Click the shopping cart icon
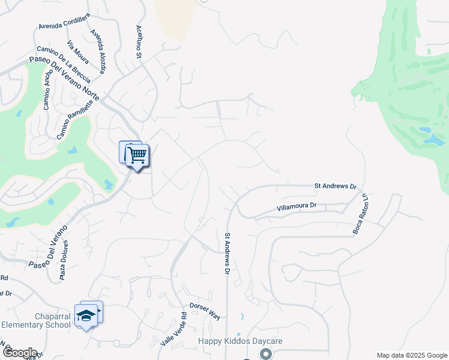pyautogui.click(x=137, y=156)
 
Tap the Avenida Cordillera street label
pyautogui.click(x=64, y=22)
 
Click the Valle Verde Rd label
pyautogui.click(x=174, y=331)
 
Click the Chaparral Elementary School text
pyautogui.click(x=36, y=320)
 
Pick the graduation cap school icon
pyautogui.click(x=86, y=316)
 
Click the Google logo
pyautogui.click(x=19, y=353)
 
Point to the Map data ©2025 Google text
pyautogui.click(x=411, y=355)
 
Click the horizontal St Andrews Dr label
pyautogui.click(x=336, y=187)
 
